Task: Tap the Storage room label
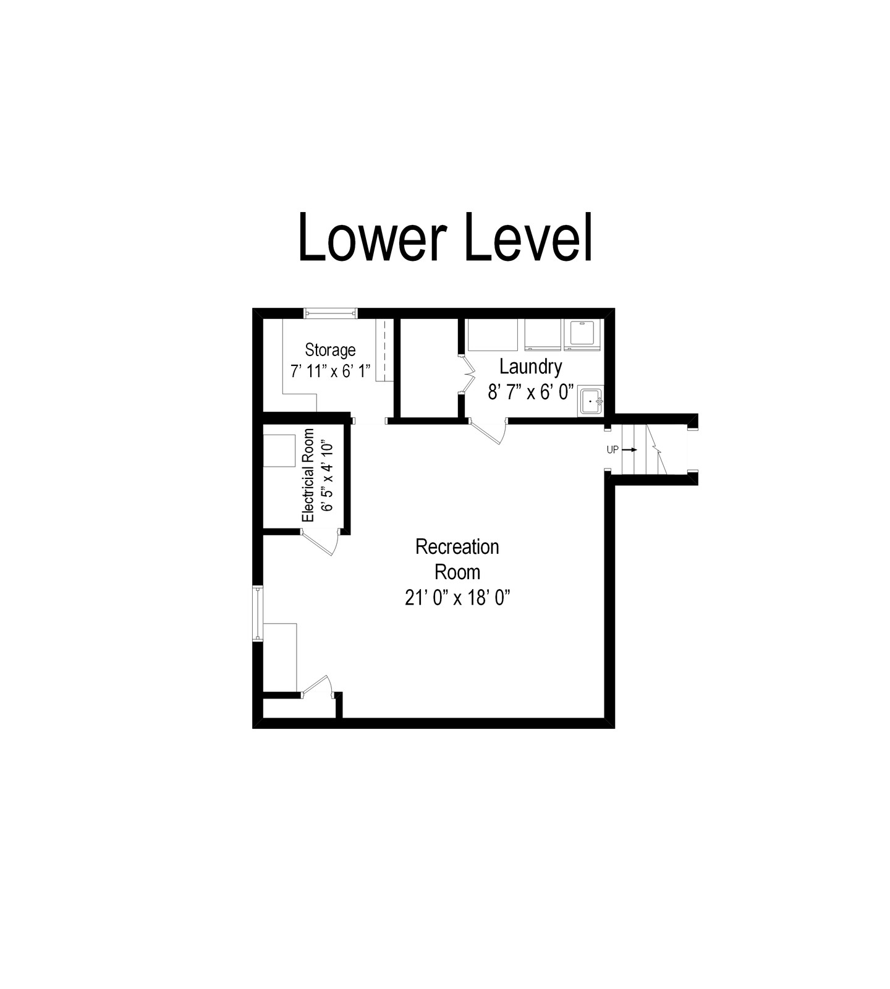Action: pyautogui.click(x=330, y=350)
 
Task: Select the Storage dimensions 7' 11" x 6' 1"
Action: pyautogui.click(x=330, y=371)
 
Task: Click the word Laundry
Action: pyautogui.click(x=531, y=367)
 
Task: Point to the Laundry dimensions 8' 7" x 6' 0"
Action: pyautogui.click(x=531, y=392)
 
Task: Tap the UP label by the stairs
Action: pyautogui.click(x=612, y=450)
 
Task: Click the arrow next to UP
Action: pyautogui.click(x=629, y=450)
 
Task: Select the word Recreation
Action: pyautogui.click(x=457, y=547)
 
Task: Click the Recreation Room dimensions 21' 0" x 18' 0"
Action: pyautogui.click(x=457, y=598)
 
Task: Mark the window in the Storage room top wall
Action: pyautogui.click(x=331, y=313)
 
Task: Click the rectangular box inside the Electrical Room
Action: pyautogui.click(x=279, y=451)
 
